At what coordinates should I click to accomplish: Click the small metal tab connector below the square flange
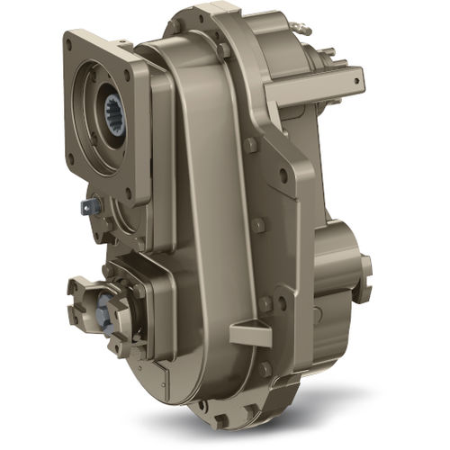[x=88, y=206]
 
